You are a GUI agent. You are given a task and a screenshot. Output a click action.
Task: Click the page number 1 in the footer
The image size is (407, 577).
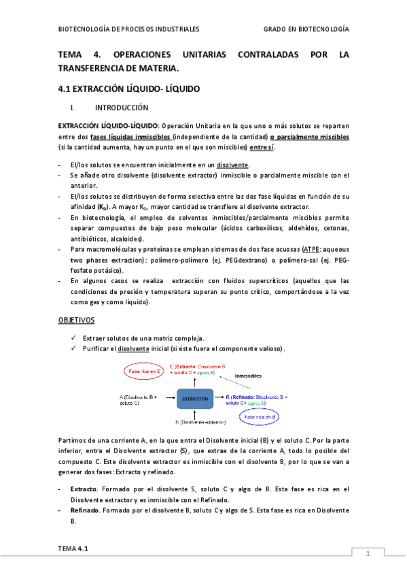[x=368, y=553]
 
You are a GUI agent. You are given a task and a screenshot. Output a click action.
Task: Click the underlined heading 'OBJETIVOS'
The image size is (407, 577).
[x=76, y=319]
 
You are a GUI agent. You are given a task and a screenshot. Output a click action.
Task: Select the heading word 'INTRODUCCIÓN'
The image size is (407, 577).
[x=122, y=108]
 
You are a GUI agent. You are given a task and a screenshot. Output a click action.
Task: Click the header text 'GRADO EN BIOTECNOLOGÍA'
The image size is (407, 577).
[x=306, y=29]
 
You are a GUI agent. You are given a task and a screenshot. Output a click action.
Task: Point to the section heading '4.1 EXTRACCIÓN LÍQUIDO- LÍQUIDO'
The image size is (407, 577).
[x=128, y=89]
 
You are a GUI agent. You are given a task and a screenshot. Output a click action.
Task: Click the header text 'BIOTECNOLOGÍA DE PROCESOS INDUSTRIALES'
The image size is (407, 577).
[x=128, y=29]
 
